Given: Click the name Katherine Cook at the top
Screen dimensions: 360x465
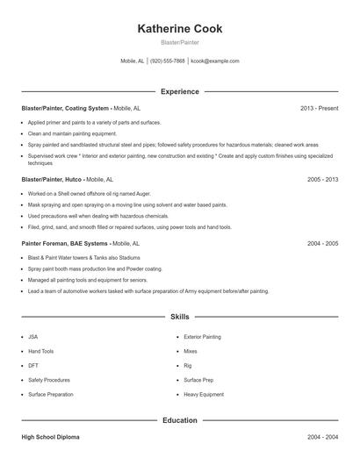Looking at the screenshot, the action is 180,29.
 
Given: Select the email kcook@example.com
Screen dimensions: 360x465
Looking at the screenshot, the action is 215,61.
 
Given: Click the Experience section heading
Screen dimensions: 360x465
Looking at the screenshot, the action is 180,91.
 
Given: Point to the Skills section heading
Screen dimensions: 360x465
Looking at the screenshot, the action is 180,318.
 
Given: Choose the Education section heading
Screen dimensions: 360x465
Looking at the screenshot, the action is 180,420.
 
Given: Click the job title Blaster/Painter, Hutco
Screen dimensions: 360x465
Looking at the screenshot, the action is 55,178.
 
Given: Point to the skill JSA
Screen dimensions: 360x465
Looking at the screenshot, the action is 33,336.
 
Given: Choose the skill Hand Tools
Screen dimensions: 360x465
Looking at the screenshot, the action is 40,351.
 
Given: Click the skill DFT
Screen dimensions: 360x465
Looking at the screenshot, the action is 33,366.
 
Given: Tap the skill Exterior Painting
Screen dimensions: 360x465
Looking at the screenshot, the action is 202,336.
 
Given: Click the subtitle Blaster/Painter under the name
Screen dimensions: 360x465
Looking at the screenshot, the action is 180,42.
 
